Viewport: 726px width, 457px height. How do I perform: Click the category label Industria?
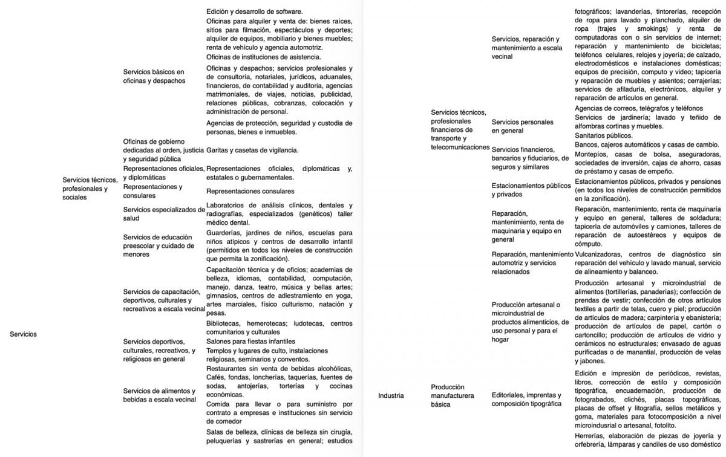click(x=391, y=395)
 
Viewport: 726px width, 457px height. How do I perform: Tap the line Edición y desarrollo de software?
click(x=255, y=11)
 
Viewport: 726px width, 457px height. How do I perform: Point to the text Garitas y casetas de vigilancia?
click(x=252, y=150)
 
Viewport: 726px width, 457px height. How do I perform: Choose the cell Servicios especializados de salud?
click(x=163, y=214)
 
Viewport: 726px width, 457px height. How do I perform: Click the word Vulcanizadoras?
click(x=600, y=254)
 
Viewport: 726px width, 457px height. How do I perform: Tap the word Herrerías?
click(x=591, y=435)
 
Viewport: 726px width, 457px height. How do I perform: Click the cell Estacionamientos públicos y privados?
click(x=531, y=190)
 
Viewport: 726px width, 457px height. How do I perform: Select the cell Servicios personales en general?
click(x=522, y=126)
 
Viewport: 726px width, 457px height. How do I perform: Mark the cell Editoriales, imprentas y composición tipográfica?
click(x=526, y=400)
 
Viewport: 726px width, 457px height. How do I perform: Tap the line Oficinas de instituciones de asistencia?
click(x=263, y=57)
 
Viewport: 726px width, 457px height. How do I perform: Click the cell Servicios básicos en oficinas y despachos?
click(x=154, y=76)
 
